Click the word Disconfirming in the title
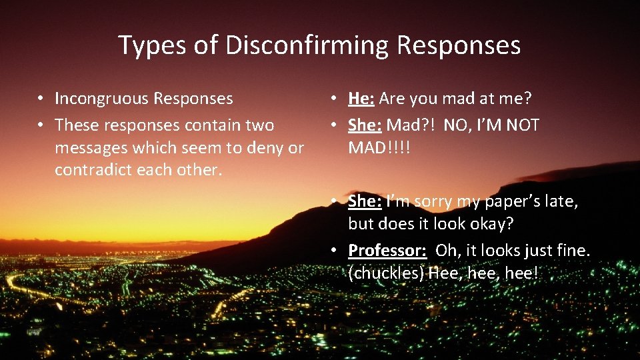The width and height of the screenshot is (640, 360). (x=307, y=46)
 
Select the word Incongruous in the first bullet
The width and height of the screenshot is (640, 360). (x=101, y=99)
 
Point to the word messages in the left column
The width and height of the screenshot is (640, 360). (x=89, y=147)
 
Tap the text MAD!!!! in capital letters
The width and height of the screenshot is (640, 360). (x=379, y=147)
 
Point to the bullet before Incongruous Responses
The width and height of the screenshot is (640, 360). (x=41, y=99)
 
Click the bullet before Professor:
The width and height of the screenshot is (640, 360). (x=335, y=250)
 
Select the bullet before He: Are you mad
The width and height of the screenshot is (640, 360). (x=335, y=99)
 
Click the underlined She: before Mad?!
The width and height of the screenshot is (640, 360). (x=365, y=125)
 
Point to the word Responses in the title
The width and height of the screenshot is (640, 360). (x=458, y=46)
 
